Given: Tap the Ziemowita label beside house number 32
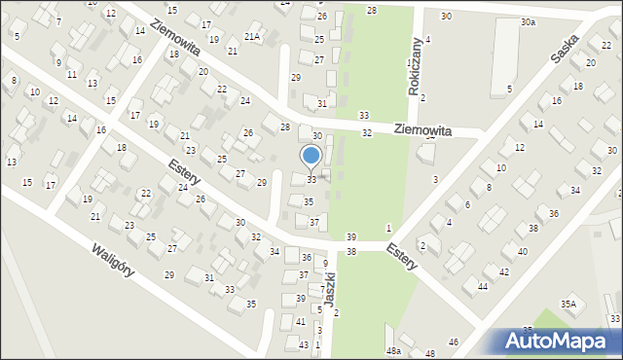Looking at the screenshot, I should [423, 128].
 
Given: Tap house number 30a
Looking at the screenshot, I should [528, 21].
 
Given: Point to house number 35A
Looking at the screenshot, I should [568, 305].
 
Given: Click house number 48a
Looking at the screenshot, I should [393, 350].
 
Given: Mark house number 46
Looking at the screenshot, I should [454, 342].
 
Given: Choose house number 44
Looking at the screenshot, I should [482, 286].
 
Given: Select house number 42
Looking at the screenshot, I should [504, 271].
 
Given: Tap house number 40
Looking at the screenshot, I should [522, 251].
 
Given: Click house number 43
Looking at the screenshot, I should [304, 345].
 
